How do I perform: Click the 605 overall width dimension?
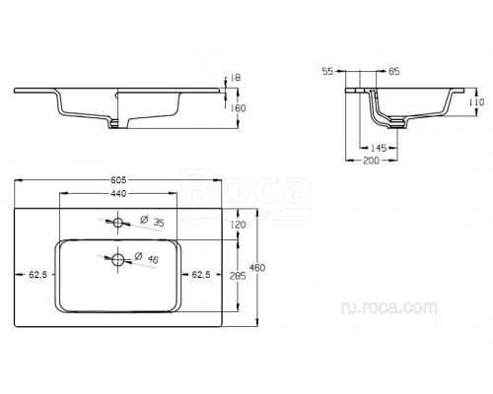point(118,180)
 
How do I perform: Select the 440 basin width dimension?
point(118,194)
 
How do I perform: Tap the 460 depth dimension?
point(257,268)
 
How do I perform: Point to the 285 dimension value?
point(238,276)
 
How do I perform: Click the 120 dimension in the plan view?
point(238,225)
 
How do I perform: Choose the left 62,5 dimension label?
point(38,275)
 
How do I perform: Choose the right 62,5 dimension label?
point(201,275)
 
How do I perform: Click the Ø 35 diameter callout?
point(152,221)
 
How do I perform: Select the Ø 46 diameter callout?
point(147,258)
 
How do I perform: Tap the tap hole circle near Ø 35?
point(117,223)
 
